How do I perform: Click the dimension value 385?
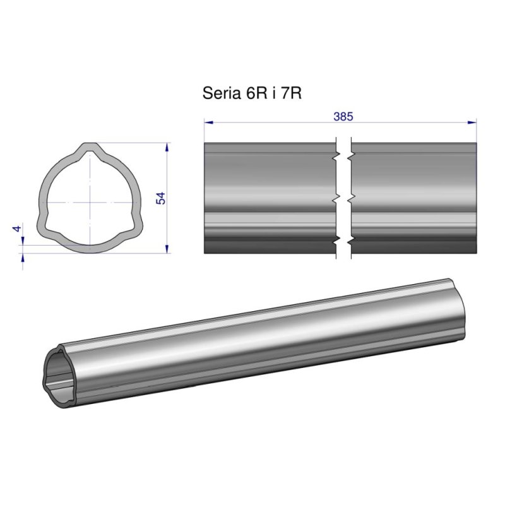coord(343,117)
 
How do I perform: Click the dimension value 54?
coord(160,198)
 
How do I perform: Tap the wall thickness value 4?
coord(17,229)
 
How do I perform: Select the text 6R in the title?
coord(256,93)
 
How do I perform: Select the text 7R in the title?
coord(291,93)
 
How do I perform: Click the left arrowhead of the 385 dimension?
coord(209,122)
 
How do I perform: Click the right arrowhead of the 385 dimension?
coord(472,122)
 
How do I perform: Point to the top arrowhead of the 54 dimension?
coord(167,147)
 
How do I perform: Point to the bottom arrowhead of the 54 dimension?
coord(167,249)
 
